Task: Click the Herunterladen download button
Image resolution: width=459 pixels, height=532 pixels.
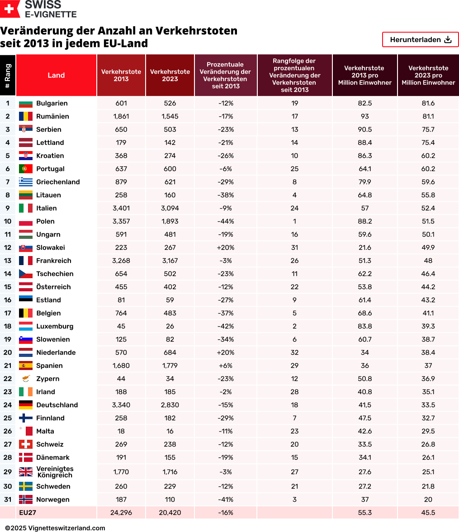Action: click(x=421, y=40)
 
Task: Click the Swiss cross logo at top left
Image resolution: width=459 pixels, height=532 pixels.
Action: click(x=10, y=9)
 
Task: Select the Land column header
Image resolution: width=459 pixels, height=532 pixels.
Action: click(x=56, y=76)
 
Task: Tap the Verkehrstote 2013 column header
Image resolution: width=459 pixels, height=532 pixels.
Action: click(x=121, y=76)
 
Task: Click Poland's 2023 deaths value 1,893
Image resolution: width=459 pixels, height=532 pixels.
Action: click(x=170, y=221)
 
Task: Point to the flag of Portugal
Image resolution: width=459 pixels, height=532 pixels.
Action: click(x=25, y=169)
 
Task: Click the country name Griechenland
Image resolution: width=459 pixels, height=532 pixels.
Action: click(x=58, y=182)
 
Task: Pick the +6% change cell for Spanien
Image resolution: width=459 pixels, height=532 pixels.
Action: click(x=226, y=366)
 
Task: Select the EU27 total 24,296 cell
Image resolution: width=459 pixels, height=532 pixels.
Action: click(x=121, y=513)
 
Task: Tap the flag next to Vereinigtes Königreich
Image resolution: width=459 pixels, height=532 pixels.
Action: click(x=25, y=472)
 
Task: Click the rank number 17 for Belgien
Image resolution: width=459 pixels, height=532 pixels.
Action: click(x=8, y=313)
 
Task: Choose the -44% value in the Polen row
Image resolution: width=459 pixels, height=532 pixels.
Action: click(x=226, y=221)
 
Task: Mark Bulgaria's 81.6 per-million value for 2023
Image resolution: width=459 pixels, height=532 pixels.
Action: click(x=428, y=103)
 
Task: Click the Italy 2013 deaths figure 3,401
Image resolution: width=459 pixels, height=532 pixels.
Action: click(x=121, y=208)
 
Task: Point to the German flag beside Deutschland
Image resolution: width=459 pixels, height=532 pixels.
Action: click(x=25, y=405)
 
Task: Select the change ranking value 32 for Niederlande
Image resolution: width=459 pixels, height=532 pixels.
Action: click(x=295, y=352)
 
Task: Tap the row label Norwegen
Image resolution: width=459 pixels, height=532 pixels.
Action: click(x=53, y=499)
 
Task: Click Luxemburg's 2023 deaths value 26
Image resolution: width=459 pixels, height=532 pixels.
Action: click(x=170, y=326)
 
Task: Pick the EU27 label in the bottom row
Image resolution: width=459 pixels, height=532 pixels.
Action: click(x=27, y=513)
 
